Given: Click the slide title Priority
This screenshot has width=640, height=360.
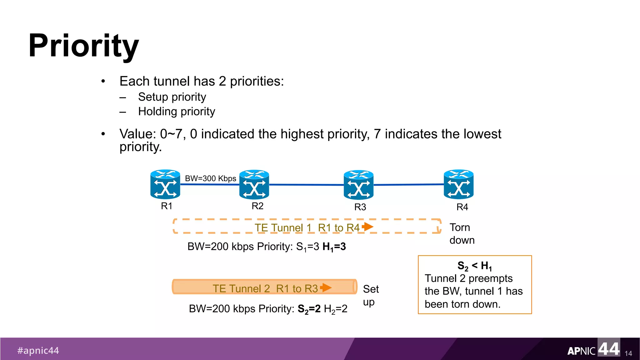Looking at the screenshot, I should (83, 46).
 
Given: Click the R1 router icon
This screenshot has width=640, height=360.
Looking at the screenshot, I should (165, 184).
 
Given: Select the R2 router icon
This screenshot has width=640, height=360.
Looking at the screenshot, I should (254, 184).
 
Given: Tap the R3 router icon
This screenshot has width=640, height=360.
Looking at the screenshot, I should (358, 185).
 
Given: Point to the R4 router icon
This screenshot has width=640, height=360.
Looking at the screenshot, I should (458, 184).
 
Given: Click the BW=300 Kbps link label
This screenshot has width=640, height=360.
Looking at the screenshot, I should (210, 178).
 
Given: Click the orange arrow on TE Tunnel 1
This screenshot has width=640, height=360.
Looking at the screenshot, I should (368, 227).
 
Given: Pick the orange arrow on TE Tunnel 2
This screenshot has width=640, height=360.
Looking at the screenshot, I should (326, 287).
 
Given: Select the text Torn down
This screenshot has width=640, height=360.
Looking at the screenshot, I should (462, 234).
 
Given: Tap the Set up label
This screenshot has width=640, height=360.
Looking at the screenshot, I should (371, 295).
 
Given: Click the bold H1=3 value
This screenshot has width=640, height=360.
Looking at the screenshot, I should (334, 247).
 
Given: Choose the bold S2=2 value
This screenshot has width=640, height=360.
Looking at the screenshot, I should (309, 309).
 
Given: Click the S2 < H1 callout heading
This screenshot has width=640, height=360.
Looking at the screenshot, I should (474, 266).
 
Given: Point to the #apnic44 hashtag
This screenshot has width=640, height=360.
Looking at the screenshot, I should (38, 351).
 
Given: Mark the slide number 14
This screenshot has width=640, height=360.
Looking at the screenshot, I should (628, 353).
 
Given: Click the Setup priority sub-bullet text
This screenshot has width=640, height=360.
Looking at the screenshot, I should (172, 97).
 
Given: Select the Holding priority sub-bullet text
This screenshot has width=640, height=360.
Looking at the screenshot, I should (177, 112).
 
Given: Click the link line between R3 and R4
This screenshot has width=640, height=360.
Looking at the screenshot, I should (409, 185).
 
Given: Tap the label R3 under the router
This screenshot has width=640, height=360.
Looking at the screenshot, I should (360, 207).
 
